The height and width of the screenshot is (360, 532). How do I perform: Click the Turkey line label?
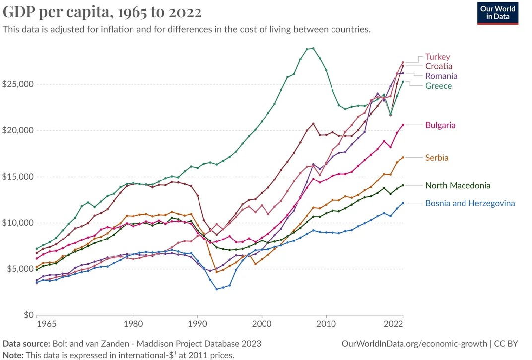pyautogui.click(x=437, y=57)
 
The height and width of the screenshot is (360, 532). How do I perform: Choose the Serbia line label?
pyautogui.click(x=437, y=158)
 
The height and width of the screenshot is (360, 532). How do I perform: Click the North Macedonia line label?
pyautogui.click(x=458, y=186)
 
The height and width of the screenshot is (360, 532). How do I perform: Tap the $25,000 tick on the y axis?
pyautogui.click(x=17, y=84)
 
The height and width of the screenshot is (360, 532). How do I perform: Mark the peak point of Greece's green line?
pyautogui.click(x=313, y=48)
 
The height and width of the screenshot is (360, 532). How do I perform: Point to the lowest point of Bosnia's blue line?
pyautogui.click(x=217, y=289)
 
